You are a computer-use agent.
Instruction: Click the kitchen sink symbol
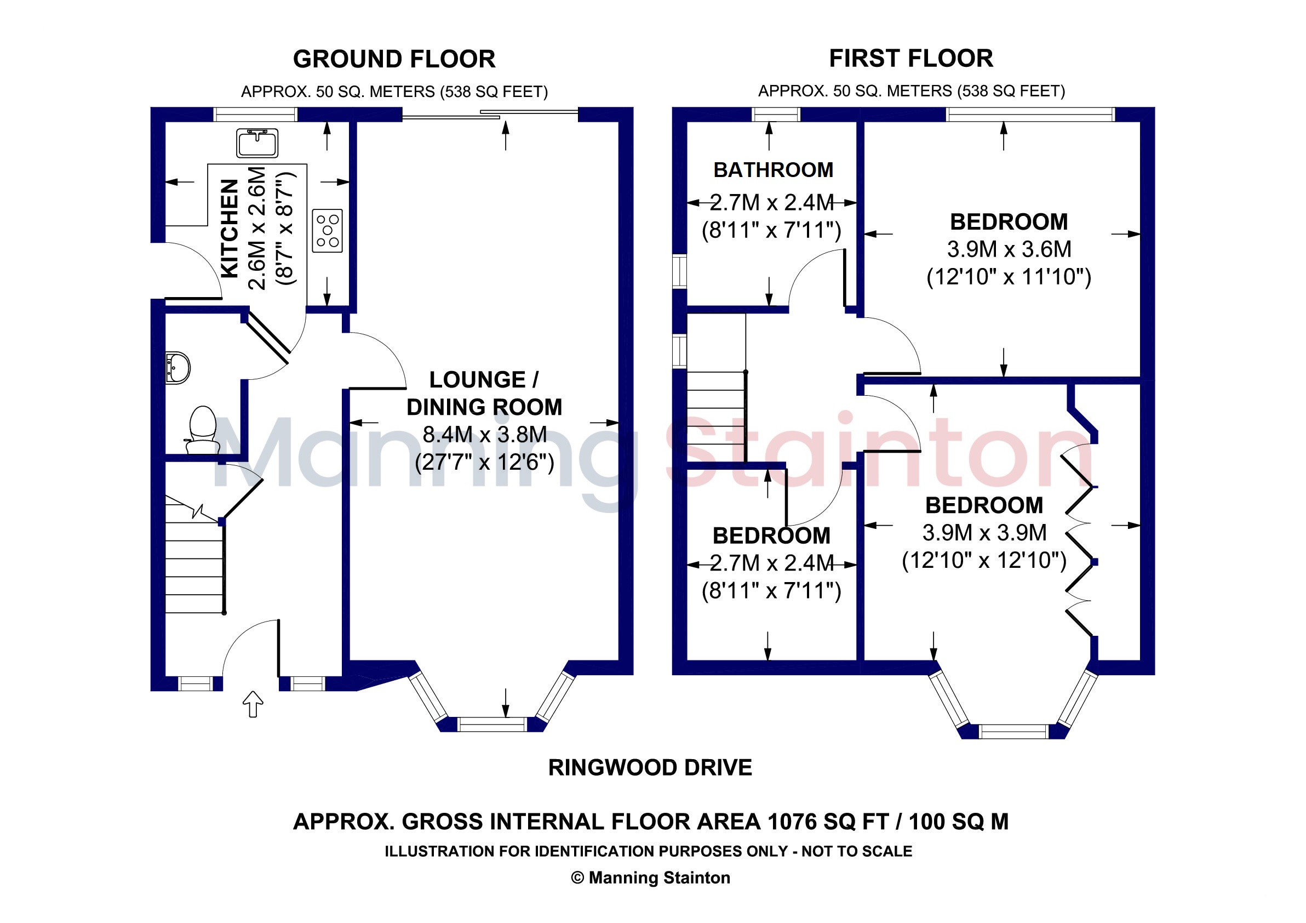click(257, 143)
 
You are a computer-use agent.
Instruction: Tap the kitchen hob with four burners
click(327, 230)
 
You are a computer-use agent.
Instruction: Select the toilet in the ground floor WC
click(202, 430)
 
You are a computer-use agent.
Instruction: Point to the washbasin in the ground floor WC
click(177, 368)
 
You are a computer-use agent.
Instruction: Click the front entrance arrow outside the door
click(253, 704)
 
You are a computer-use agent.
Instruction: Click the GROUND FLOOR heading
click(394, 59)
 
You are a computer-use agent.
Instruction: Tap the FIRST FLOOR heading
click(910, 58)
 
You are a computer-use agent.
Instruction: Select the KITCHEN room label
click(229, 229)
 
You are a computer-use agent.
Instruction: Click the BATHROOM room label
click(773, 169)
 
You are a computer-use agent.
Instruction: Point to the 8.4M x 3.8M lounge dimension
click(485, 434)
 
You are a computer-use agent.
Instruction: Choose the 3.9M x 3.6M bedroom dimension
click(1009, 249)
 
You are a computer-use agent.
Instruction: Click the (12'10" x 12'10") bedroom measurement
click(984, 560)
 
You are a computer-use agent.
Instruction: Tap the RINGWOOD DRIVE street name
click(650, 768)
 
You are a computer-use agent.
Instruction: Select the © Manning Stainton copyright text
click(651, 878)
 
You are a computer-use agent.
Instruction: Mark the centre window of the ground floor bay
click(492, 725)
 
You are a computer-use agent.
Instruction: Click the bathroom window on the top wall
click(776, 115)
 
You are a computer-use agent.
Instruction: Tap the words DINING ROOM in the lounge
click(485, 407)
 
